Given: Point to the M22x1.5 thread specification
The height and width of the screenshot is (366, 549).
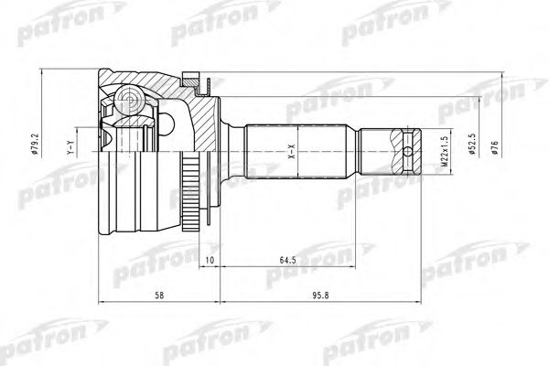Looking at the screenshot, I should click(x=446, y=147).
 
